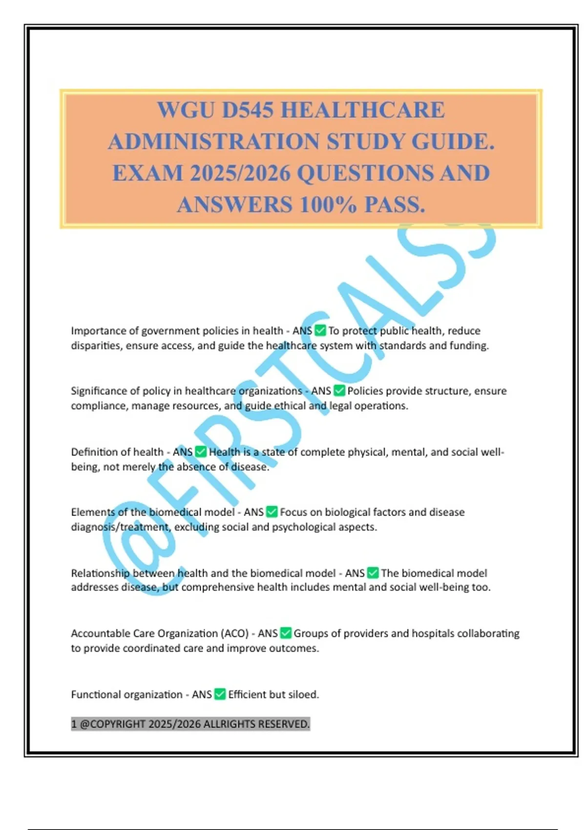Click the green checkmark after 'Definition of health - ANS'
(201, 452)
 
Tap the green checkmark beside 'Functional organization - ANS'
(220, 694)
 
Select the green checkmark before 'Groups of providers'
(286, 633)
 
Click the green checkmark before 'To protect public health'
(320, 331)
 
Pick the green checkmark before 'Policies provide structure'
(339, 391)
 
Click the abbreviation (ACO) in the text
(235, 633)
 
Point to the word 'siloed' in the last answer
(303, 694)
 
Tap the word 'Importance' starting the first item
(98, 331)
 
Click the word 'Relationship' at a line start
(100, 573)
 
